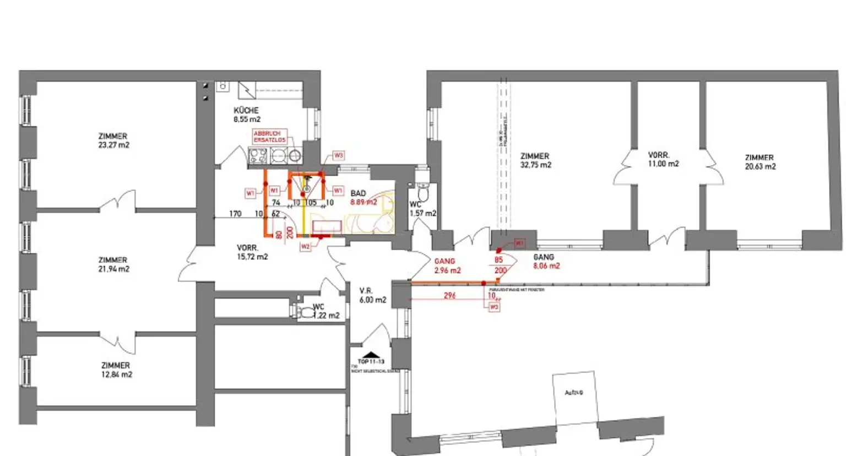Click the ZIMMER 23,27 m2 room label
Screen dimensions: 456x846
[113, 140]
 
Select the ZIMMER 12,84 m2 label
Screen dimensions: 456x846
[116, 370]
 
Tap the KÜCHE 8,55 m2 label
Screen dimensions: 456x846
[246, 115]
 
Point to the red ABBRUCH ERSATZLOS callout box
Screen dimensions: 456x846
[270, 137]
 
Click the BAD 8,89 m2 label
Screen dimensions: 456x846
[362, 198]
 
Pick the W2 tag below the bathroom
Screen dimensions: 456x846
[306, 246]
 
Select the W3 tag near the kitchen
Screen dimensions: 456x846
[338, 155]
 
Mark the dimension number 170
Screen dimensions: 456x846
[235, 214]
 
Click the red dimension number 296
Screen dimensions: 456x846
[449, 296]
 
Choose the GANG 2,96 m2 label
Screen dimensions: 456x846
[446, 266]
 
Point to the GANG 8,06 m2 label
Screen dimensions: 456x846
[546, 262]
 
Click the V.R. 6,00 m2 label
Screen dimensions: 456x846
[372, 295]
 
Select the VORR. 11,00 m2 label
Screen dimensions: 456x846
[663, 160]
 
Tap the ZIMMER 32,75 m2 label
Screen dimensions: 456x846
[535, 160]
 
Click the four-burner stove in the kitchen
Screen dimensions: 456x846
[258, 156]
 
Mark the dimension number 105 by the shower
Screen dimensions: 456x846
[312, 203]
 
